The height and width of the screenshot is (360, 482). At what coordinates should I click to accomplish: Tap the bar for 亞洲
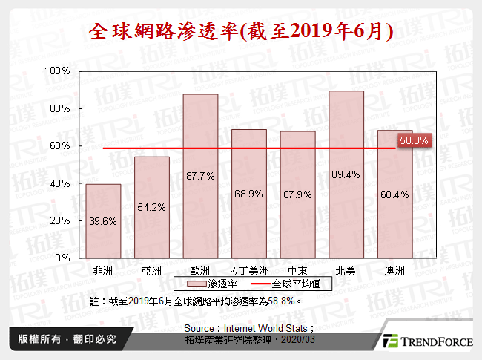pyautogui.click(x=151, y=207)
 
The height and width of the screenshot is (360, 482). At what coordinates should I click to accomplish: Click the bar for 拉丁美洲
pyautogui.click(x=248, y=193)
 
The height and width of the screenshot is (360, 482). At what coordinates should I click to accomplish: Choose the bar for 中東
pyautogui.click(x=297, y=194)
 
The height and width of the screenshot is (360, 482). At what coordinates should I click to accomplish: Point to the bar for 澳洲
pyautogui.click(x=394, y=194)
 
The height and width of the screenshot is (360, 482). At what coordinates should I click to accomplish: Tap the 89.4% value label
pyautogui.click(x=346, y=175)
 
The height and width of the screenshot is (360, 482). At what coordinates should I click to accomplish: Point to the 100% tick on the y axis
pyautogui.click(x=59, y=71)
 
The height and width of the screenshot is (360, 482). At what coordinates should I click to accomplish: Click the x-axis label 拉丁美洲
pyautogui.click(x=248, y=271)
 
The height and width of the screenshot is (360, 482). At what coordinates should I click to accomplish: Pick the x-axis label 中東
pyautogui.click(x=297, y=271)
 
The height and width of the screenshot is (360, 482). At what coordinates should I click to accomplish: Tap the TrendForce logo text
pyautogui.click(x=434, y=341)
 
